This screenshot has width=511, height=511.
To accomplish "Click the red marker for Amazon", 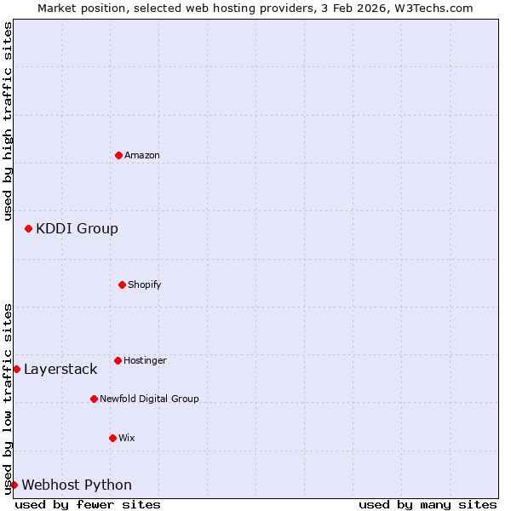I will [118, 155].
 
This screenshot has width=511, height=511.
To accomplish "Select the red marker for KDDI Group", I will [28, 228].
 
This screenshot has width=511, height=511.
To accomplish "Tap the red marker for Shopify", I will [122, 284].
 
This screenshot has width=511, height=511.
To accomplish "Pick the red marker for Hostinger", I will [118, 360].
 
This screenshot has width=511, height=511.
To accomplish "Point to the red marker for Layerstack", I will [16, 369].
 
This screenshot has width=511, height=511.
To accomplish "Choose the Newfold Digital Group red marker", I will [94, 399].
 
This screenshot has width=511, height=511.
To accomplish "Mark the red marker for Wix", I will [112, 438].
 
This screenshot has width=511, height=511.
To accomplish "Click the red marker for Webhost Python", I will [14, 485].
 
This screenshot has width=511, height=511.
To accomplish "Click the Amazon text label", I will [142, 155].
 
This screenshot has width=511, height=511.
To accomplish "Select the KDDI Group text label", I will [77, 228].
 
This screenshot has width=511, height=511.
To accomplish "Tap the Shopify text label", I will [145, 284].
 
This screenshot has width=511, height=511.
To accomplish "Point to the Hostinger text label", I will [145, 360].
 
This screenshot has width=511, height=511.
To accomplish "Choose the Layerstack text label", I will [60, 369].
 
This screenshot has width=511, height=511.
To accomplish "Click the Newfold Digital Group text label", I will [149, 399].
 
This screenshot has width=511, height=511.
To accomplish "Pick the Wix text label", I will [127, 438].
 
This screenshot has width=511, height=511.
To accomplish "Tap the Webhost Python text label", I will [77, 485].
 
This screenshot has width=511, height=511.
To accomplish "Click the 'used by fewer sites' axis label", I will [88, 504].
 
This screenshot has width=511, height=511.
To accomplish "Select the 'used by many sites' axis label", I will [428, 504].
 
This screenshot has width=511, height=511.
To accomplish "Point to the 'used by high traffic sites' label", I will [8, 121].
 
